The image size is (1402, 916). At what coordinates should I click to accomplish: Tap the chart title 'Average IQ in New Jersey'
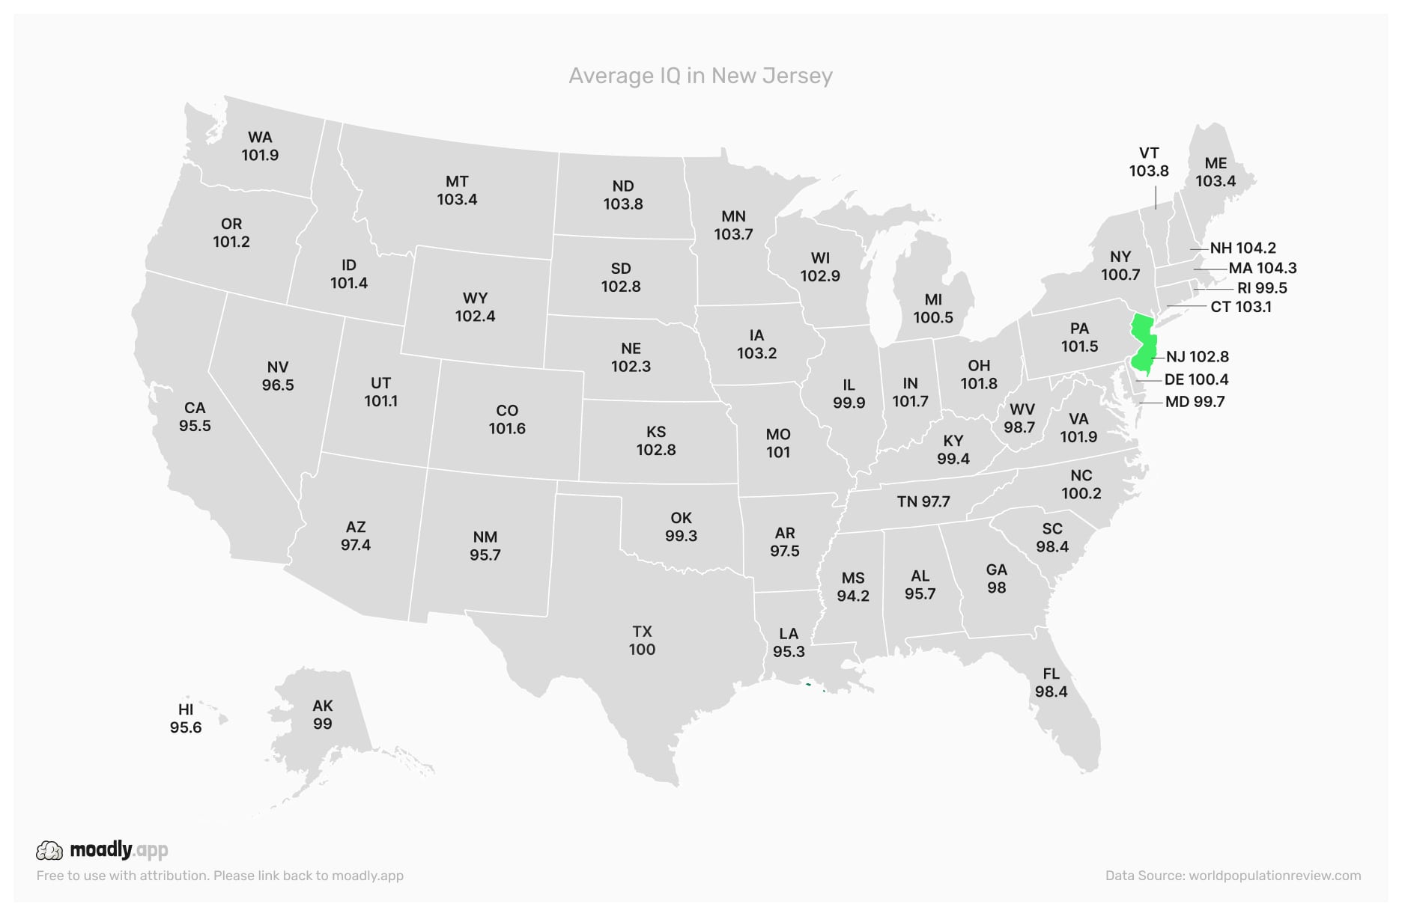click(700, 76)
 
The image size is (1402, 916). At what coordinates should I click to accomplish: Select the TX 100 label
click(642, 641)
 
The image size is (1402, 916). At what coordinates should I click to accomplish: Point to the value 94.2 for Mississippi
click(853, 596)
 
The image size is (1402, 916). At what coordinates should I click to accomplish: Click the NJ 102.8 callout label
click(1197, 357)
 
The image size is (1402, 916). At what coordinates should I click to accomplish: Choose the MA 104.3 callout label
click(1262, 268)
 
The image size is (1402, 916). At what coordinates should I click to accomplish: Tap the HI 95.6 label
click(186, 718)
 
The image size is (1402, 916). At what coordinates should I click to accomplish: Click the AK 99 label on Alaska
click(323, 715)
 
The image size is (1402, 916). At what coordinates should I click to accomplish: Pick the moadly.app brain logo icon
click(49, 850)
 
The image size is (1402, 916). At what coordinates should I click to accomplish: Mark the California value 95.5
click(195, 426)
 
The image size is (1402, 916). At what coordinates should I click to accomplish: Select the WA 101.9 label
click(260, 146)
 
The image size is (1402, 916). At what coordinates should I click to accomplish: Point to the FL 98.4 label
click(1051, 683)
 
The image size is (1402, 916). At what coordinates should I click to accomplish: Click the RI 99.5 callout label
click(1262, 288)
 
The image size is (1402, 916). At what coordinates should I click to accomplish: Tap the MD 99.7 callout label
click(1195, 402)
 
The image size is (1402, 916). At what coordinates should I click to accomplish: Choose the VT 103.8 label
click(1149, 162)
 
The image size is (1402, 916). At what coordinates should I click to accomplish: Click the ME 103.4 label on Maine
click(1216, 172)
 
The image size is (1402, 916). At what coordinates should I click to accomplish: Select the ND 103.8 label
click(623, 195)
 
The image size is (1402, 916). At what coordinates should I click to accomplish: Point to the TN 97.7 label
click(923, 501)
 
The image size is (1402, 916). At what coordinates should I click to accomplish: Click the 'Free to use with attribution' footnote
click(220, 876)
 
